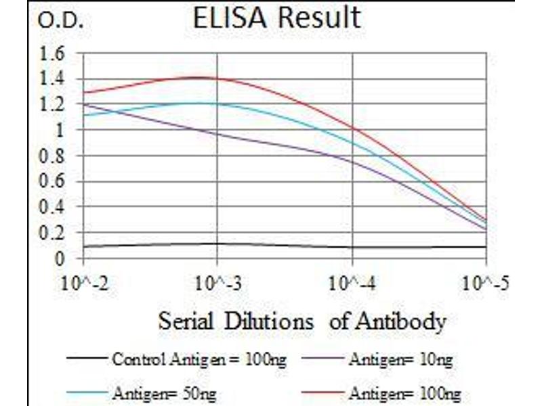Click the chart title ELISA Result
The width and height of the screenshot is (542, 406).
point(276,18)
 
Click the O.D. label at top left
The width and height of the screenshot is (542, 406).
point(60,22)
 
